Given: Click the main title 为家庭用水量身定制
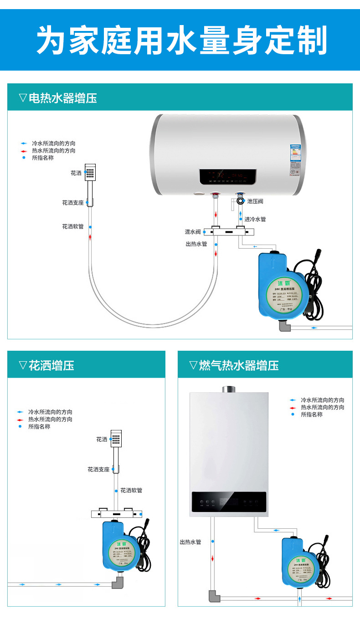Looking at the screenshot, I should point(181,40).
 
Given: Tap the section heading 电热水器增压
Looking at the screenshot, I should point(62,98).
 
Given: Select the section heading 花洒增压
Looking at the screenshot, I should point(51,365).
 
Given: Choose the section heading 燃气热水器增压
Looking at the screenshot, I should point(238,365).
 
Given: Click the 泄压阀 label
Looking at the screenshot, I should point(255,201).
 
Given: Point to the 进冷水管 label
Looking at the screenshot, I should point(255,220).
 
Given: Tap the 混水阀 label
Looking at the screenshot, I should point(193,232).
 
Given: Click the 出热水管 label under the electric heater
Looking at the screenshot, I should point(196,244).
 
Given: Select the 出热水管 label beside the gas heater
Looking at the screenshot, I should point(190,542).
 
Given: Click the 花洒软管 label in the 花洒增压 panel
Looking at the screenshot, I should point(131,491).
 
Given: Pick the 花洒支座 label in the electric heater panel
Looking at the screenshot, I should point(73,203).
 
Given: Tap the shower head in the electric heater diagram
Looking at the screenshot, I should point(90,173).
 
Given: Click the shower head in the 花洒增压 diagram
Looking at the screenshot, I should point(116,439).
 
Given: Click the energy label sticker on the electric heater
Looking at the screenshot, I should point(296,160).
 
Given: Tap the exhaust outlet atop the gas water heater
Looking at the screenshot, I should point(229,390).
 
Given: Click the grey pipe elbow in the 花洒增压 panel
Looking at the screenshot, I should point(118,583).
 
